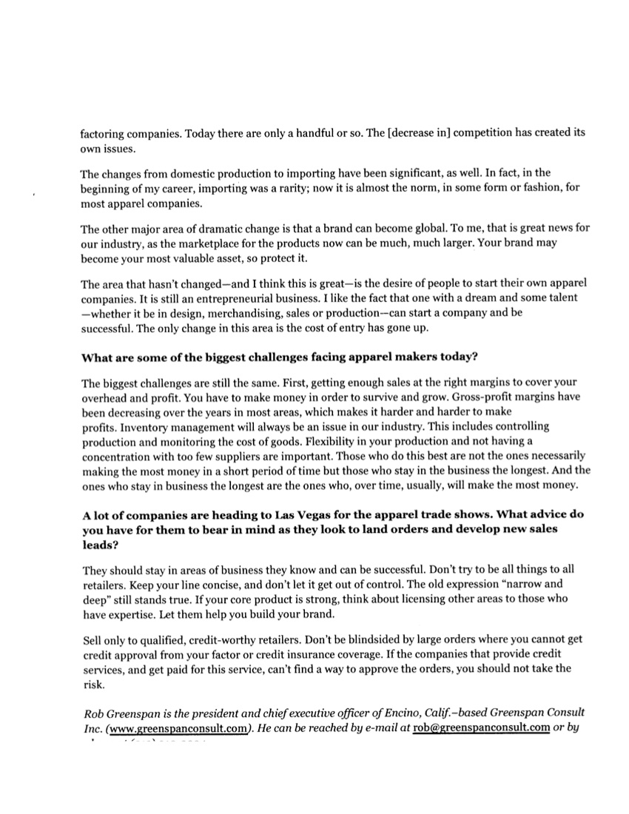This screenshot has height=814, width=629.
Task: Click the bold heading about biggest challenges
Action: [279, 357]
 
